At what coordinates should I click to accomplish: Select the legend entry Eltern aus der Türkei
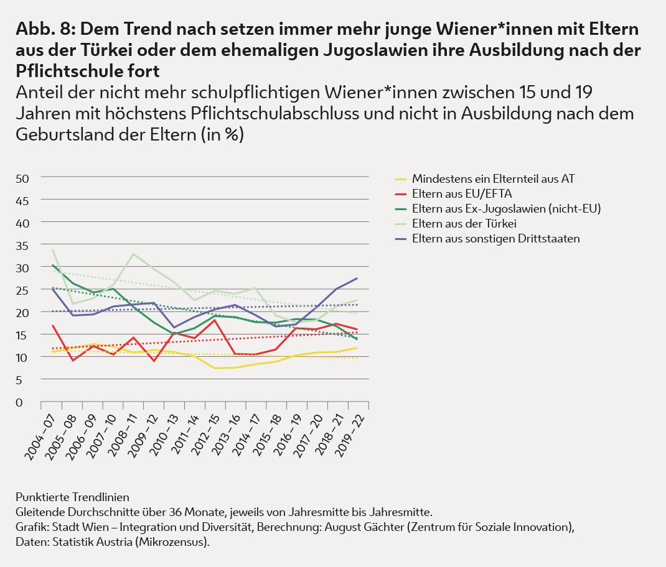(x=473, y=223)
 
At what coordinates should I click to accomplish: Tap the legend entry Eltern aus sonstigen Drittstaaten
(x=495, y=238)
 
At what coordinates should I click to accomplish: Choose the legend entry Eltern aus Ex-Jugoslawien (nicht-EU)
(x=506, y=208)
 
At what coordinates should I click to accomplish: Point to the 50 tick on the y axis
(x=22, y=178)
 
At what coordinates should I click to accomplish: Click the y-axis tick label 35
(x=22, y=246)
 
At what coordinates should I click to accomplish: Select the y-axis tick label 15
(x=22, y=335)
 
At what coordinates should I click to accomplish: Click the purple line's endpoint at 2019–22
(x=357, y=278)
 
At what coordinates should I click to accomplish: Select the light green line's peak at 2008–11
(x=133, y=254)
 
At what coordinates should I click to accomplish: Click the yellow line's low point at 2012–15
(x=215, y=368)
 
